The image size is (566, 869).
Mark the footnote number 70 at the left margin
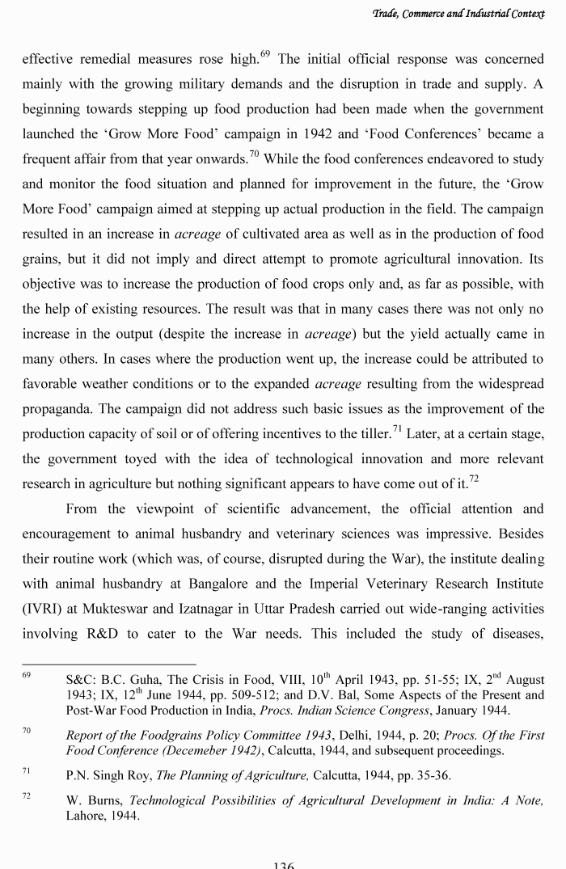pos(27,731)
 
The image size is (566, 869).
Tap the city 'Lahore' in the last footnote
pos(87,816)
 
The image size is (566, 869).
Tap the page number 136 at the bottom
pos(283,864)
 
